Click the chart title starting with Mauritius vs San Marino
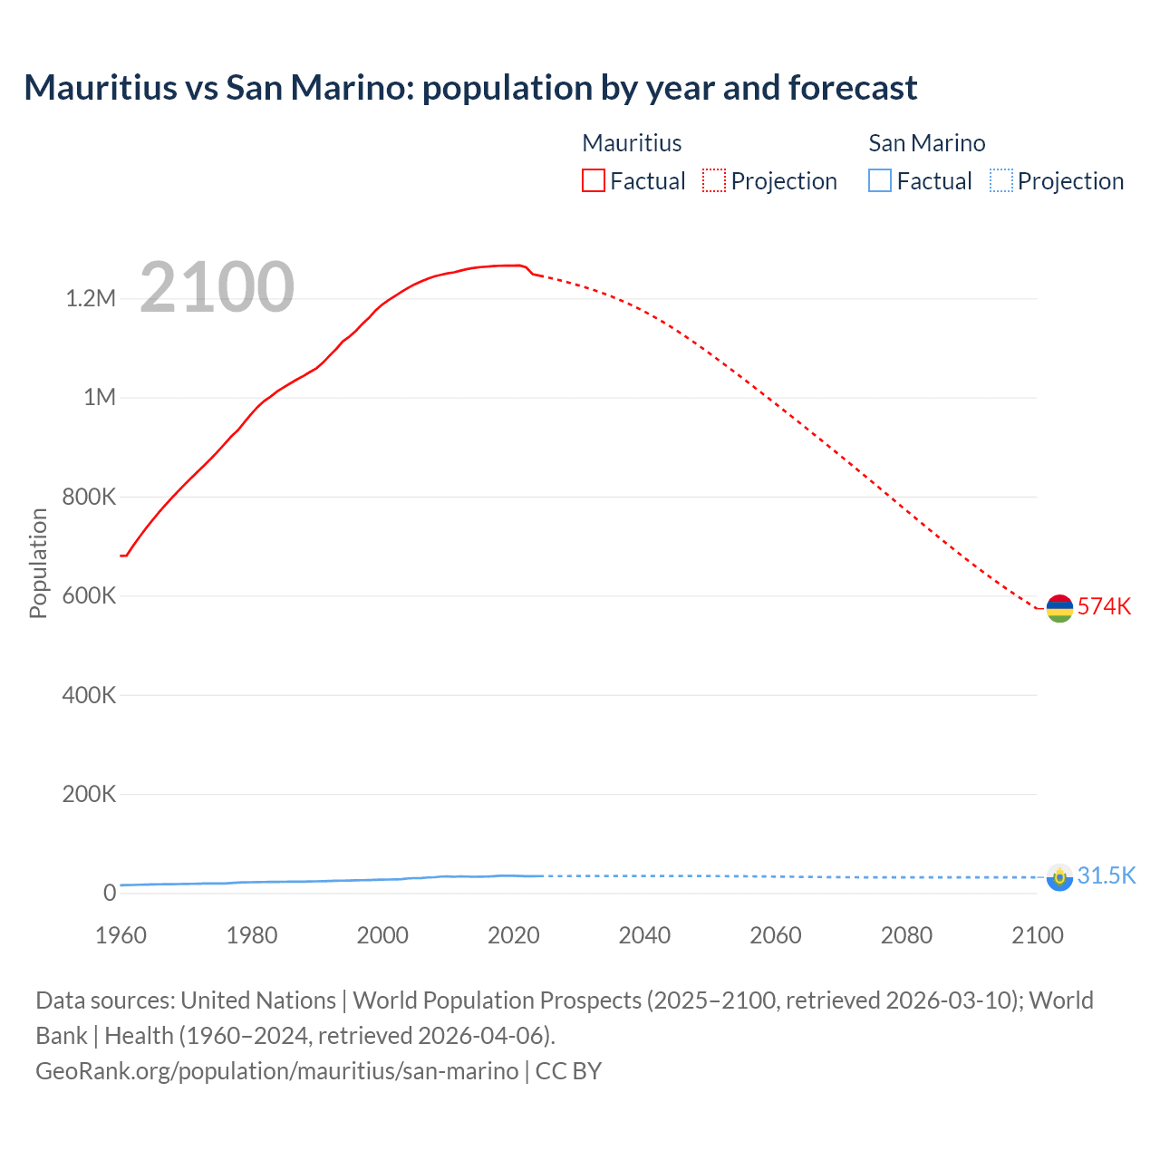470,88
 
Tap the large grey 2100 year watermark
217,287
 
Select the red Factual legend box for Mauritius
593,180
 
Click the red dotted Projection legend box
714,180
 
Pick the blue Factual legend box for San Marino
880,180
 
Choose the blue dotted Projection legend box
1000,180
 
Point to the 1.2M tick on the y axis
91,299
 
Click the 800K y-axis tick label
90,497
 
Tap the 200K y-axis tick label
90,795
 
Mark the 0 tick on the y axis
110,894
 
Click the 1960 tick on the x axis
121,935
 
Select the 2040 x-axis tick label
644,935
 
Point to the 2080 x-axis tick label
906,935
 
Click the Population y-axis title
38,563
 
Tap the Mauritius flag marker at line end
1059,609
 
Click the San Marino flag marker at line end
1059,877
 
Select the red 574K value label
1104,606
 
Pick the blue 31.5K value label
1107,875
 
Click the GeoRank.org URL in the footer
276,1071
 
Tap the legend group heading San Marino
926,143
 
